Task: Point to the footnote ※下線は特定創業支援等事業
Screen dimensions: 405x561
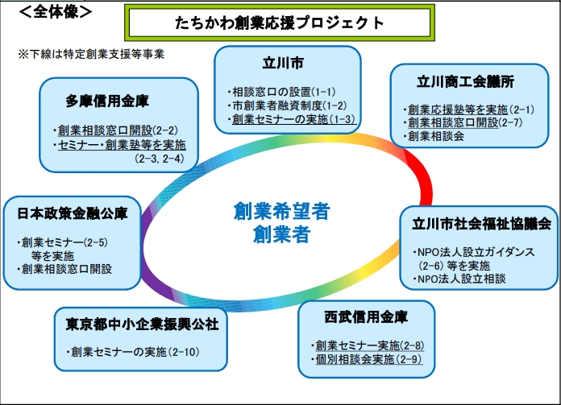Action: pos(91,55)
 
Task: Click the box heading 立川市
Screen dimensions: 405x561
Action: pos(287,64)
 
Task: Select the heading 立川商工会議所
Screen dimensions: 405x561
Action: pos(466,82)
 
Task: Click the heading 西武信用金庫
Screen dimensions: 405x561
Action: pos(367,316)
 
